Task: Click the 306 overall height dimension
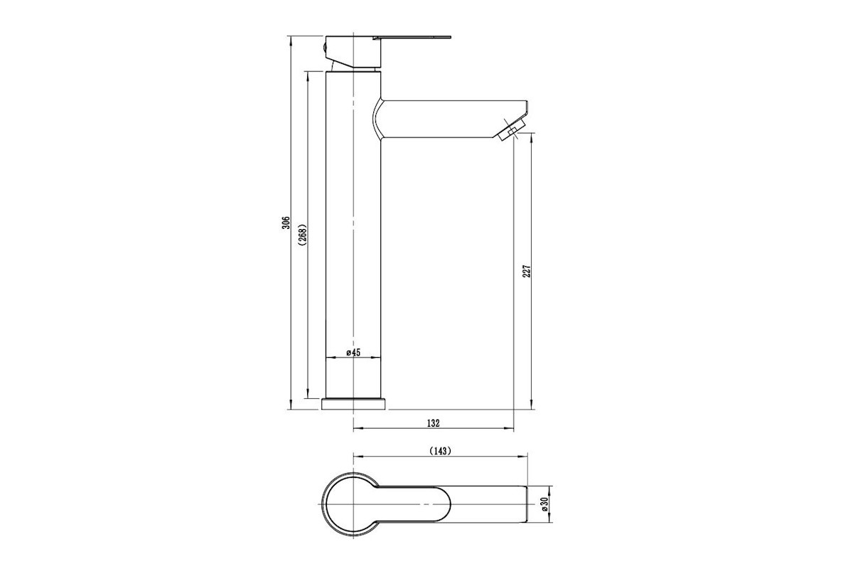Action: (286, 223)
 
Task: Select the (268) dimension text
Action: (303, 235)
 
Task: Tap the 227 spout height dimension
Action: (527, 271)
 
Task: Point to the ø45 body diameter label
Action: (353, 353)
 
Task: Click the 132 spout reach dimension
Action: (434, 423)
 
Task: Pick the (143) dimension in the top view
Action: (440, 451)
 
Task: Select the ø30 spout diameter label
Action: (544, 504)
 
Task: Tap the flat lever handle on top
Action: (412, 38)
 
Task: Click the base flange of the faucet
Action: (353, 404)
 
